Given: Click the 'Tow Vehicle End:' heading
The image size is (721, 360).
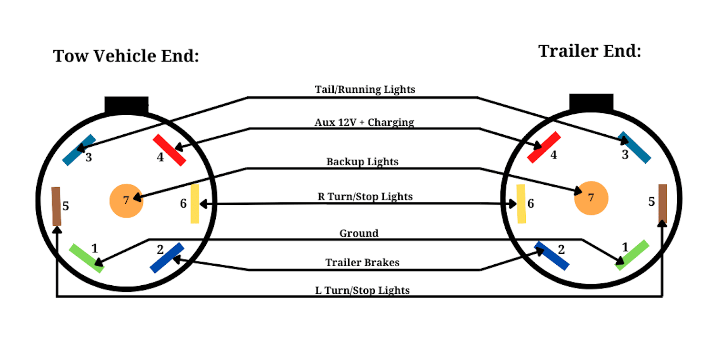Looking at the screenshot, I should coord(126,56).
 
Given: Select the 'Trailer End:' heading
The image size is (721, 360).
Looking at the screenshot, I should coord(590,51).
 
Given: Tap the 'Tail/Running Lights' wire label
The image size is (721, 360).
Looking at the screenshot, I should coord(365,90).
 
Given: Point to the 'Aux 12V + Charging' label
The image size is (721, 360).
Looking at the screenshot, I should coord(364,122).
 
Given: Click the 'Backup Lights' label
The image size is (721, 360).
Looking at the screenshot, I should coord(362,162).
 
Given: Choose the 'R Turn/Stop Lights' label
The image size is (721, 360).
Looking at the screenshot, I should coord(365,196).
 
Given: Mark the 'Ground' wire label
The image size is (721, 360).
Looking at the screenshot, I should coord(359,233).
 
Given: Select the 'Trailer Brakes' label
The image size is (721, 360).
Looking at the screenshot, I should coord(362,262).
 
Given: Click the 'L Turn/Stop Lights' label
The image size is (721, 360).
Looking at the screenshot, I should coord(362,290).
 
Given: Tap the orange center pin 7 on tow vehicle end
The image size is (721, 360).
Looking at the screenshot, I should coord(126,200).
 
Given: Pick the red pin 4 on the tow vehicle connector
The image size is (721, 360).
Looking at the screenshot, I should coord(169,150).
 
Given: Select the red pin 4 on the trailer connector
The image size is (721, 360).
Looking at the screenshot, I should coord(543,148).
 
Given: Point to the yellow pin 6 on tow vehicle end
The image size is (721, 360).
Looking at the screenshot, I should coord(195,204).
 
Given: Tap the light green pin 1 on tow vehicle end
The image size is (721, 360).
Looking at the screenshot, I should coord(87,258).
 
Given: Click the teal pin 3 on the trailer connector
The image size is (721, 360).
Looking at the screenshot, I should coord(634,147).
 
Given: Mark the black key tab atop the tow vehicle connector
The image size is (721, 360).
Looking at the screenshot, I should coord(126,105).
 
